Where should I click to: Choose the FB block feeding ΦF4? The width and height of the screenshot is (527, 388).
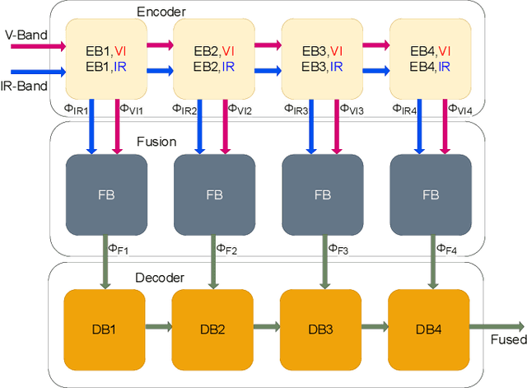coord(430,194)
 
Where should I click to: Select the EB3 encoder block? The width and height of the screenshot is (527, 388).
coord(321,58)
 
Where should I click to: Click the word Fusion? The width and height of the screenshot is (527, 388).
coord(156,142)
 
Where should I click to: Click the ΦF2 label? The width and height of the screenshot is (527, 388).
coord(226,248)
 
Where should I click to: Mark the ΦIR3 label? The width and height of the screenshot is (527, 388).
coord(294,109)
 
